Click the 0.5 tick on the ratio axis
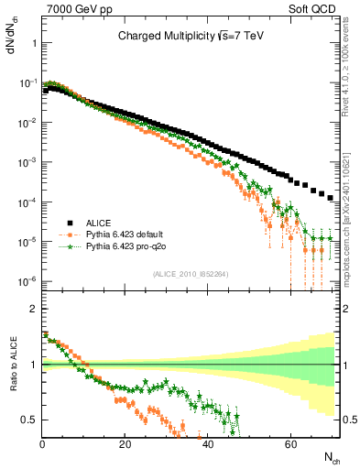(x=27, y=420)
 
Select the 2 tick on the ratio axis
(x=32, y=309)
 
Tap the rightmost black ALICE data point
(x=331, y=196)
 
